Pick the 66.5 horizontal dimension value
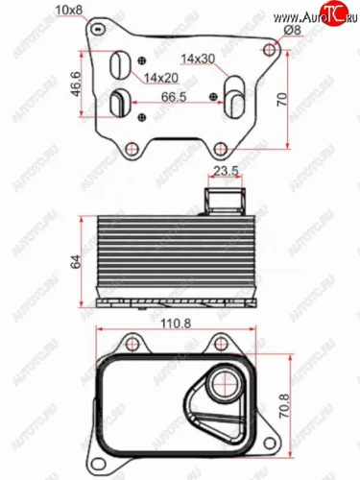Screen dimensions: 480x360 coord(174,97)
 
